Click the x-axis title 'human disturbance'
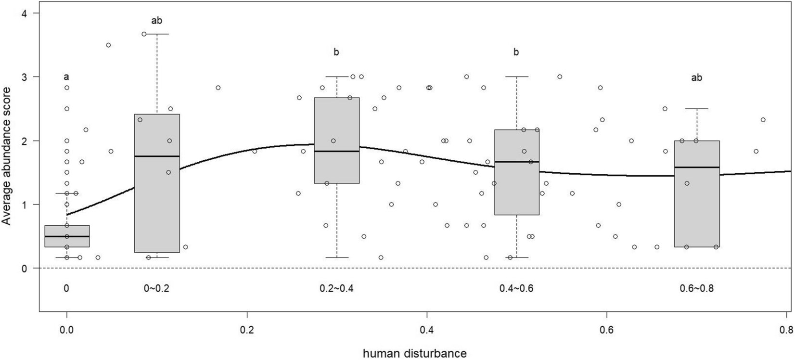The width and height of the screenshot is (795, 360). [414, 353]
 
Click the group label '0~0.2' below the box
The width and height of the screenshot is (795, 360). [157, 288]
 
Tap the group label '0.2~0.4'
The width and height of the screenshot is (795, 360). [336, 288]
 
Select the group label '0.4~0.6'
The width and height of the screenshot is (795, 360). [516, 288]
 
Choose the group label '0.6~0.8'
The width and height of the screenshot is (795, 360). [696, 288]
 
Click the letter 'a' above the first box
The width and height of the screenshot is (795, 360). [66, 77]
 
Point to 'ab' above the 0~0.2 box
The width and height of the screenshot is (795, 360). [157, 21]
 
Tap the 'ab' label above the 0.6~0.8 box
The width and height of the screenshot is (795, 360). [696, 77]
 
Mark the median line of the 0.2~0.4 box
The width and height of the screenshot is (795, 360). [336, 151]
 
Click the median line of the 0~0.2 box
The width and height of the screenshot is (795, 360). [157, 156]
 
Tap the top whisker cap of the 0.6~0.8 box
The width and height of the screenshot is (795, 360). [697, 109]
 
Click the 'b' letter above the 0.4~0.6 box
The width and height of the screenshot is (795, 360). [516, 52]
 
